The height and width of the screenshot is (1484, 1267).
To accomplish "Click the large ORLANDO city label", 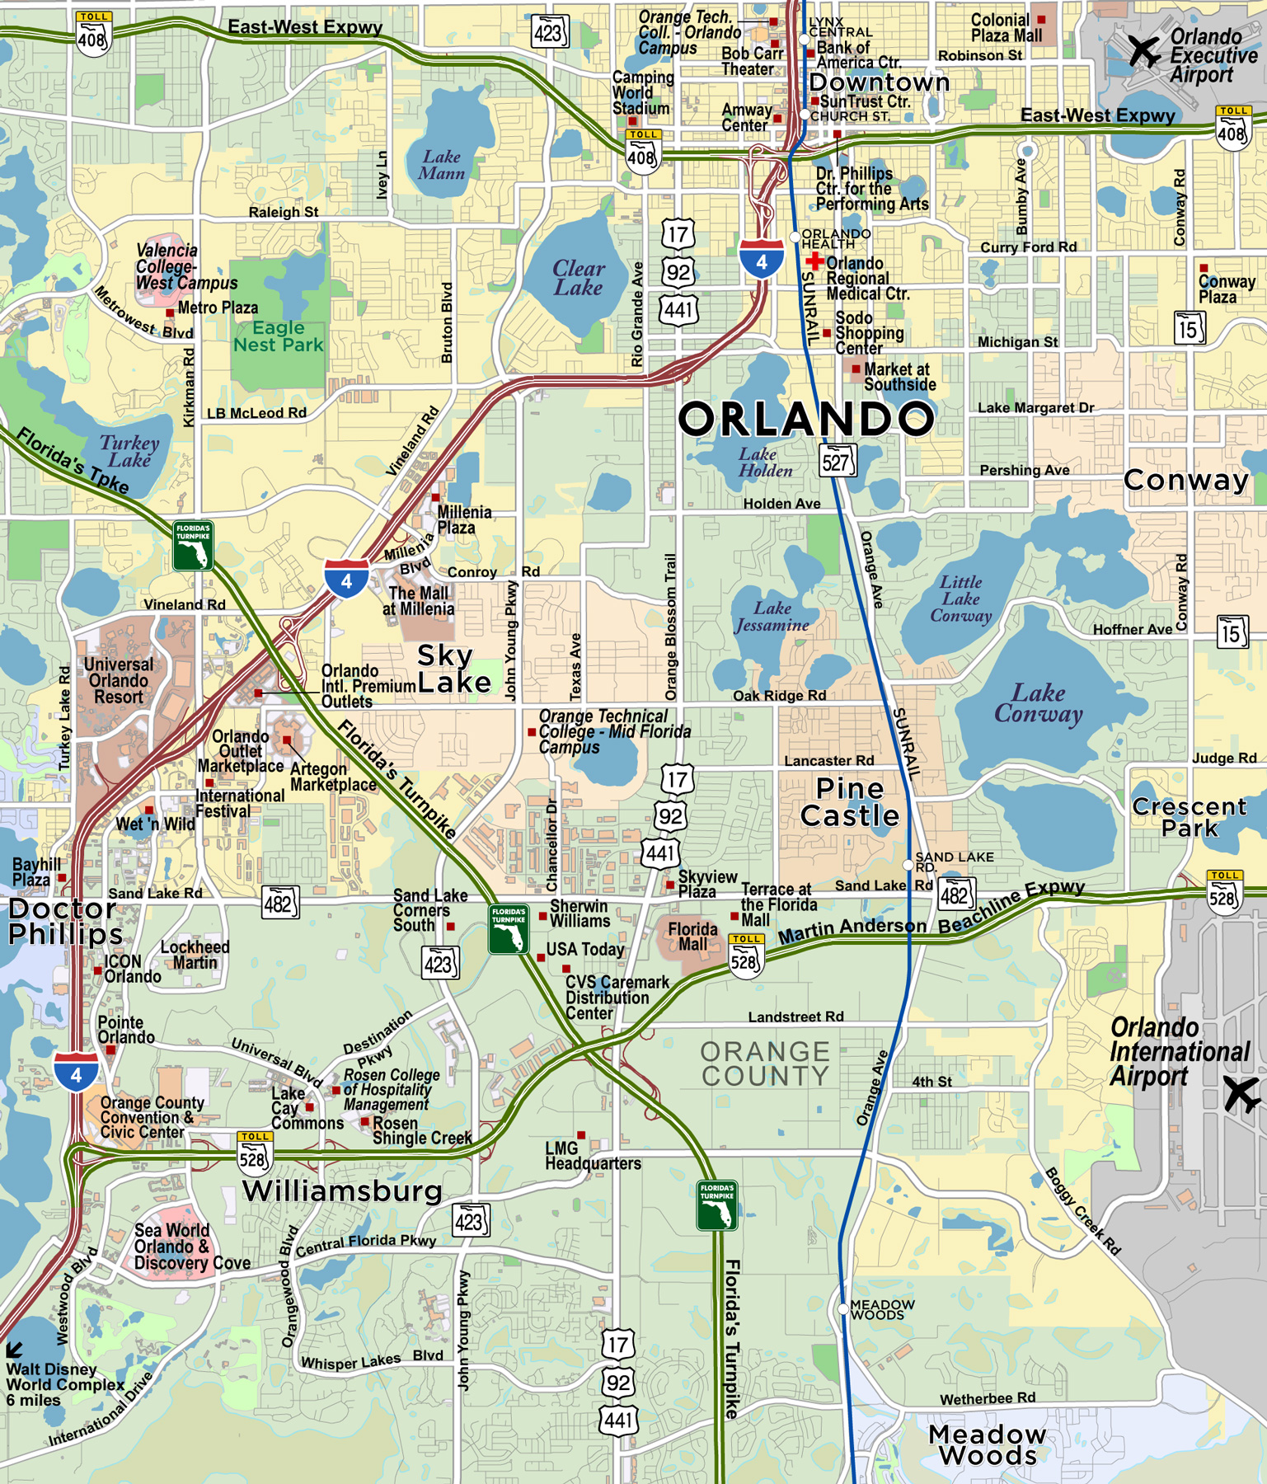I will pos(805,419).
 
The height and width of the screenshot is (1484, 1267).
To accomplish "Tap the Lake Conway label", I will pos(1038,703).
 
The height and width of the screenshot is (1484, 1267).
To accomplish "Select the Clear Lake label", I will pos(578,278).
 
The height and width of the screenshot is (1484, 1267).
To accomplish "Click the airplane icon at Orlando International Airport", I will pos(1241,1094).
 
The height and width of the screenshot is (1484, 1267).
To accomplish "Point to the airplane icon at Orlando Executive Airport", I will pos(1144,51).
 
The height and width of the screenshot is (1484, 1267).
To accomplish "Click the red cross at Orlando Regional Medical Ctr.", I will pos(814,262).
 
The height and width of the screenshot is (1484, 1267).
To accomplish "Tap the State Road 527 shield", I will pos(838,461).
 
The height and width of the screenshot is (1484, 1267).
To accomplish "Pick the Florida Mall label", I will pos(692,936).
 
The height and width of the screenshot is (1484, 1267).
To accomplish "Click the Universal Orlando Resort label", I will pos(118,681).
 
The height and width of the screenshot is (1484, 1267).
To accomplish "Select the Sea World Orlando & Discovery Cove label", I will pos(191,1247).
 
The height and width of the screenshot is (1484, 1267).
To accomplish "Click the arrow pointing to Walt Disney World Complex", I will pos(14,1350).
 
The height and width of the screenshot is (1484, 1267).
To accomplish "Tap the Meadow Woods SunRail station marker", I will pos(843,1308).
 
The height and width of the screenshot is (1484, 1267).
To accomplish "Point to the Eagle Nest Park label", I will pos(278,336).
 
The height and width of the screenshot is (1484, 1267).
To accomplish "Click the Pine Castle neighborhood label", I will pos(849,802).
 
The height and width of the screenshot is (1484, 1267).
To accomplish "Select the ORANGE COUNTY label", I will pos(764,1064).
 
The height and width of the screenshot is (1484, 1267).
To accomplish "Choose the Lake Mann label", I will pos(442,165).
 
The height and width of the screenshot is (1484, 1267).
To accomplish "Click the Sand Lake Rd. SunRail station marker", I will pos(908,865).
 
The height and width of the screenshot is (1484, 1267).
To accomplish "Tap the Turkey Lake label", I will pos(129,451).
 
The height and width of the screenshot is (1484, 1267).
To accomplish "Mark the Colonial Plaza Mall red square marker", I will pos(1042,19).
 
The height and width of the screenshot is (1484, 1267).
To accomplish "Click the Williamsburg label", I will pos(342,1191).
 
